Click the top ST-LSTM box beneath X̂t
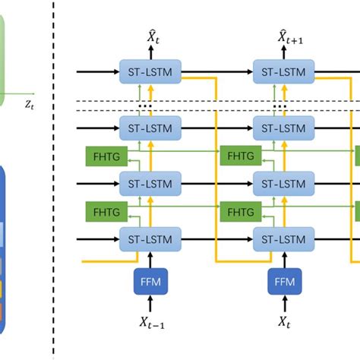(x=150, y=71)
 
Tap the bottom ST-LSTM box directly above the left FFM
(x=150, y=240)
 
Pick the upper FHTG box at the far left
(x=103, y=156)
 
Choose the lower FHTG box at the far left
(x=103, y=211)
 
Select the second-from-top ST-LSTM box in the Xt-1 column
(x=150, y=127)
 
